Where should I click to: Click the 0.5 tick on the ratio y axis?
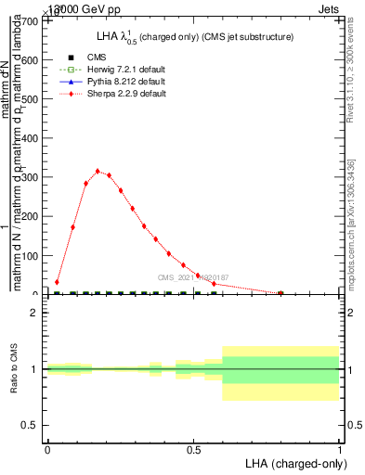point(31,425)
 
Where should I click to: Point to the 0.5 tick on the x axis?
point(193,448)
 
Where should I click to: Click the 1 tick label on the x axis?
point(339,448)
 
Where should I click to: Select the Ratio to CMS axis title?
point(14,369)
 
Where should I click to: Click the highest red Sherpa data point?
point(98,171)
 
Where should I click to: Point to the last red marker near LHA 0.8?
point(280,293)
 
